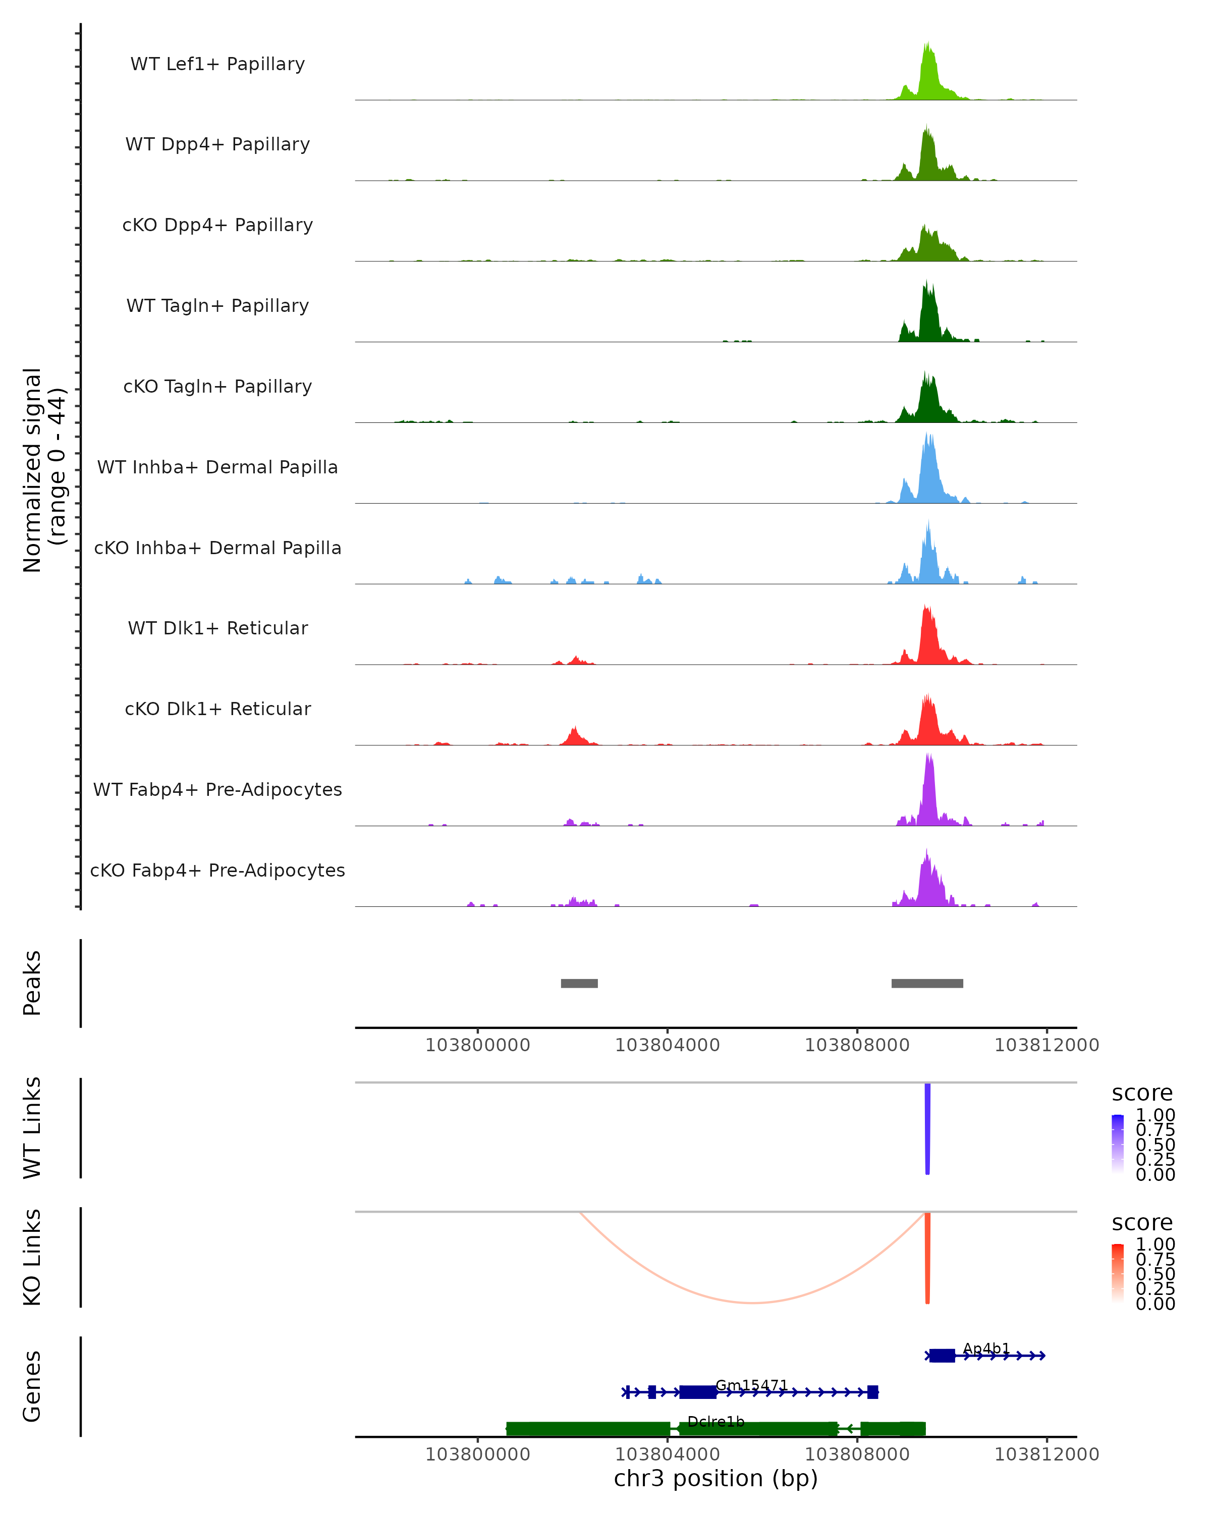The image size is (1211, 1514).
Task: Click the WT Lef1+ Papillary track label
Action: pos(217,64)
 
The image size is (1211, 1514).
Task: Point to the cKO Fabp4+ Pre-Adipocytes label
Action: pos(217,870)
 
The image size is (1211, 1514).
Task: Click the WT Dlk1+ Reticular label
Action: pos(217,628)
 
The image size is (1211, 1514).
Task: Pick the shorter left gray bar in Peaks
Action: pos(579,983)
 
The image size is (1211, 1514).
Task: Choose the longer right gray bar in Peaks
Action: pos(927,983)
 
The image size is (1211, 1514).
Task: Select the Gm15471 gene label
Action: pos(751,1385)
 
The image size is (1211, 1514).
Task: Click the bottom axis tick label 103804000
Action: pos(667,1453)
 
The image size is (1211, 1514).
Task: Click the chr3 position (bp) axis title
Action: pos(715,1479)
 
